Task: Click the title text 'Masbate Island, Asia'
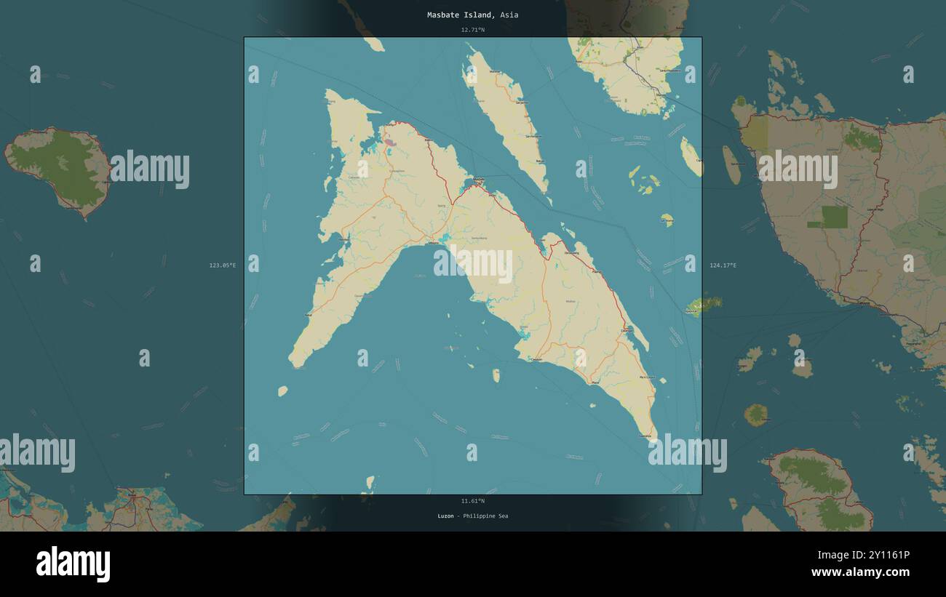coord(472,15)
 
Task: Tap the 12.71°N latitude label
coord(472,30)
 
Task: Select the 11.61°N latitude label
coord(472,501)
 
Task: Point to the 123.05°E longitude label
coord(223,265)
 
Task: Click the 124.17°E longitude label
coord(723,265)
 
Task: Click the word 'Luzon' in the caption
coord(445,516)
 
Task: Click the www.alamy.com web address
coord(860,573)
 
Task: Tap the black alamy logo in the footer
coord(73,564)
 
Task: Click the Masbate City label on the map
coord(478,179)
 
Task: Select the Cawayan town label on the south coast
coord(537,359)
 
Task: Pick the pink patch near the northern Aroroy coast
coord(391,143)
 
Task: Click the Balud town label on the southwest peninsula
coord(309,314)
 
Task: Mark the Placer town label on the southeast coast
coord(595,382)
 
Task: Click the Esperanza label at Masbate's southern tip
coord(645,435)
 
